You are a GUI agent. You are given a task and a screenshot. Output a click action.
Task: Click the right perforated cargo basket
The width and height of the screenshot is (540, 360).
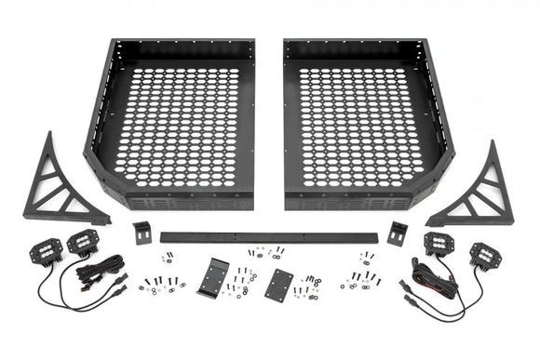pyautogui.click(x=368, y=121)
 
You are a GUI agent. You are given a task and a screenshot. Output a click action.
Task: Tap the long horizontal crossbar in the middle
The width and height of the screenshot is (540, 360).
pyautogui.click(x=270, y=237)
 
